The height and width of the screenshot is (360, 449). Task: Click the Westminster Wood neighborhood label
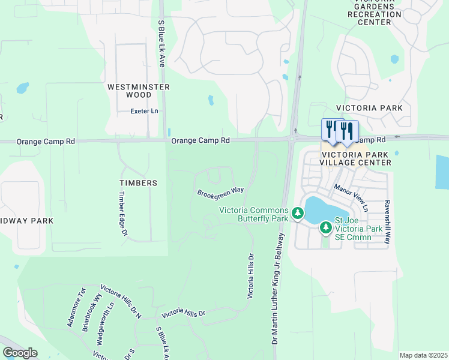coord(138,91)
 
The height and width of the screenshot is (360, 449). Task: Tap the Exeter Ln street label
coord(145,111)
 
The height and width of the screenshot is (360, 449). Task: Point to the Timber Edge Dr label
coord(123,213)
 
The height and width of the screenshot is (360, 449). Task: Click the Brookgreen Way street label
coord(221,191)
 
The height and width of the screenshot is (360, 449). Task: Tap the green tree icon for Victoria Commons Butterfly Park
coord(297,214)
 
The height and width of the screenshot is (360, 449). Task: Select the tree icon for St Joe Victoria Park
coord(325,227)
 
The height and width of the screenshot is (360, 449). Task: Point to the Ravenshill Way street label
coord(388,221)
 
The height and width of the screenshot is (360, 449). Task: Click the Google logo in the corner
coord(20,353)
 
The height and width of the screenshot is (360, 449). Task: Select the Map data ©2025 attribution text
coord(423,355)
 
